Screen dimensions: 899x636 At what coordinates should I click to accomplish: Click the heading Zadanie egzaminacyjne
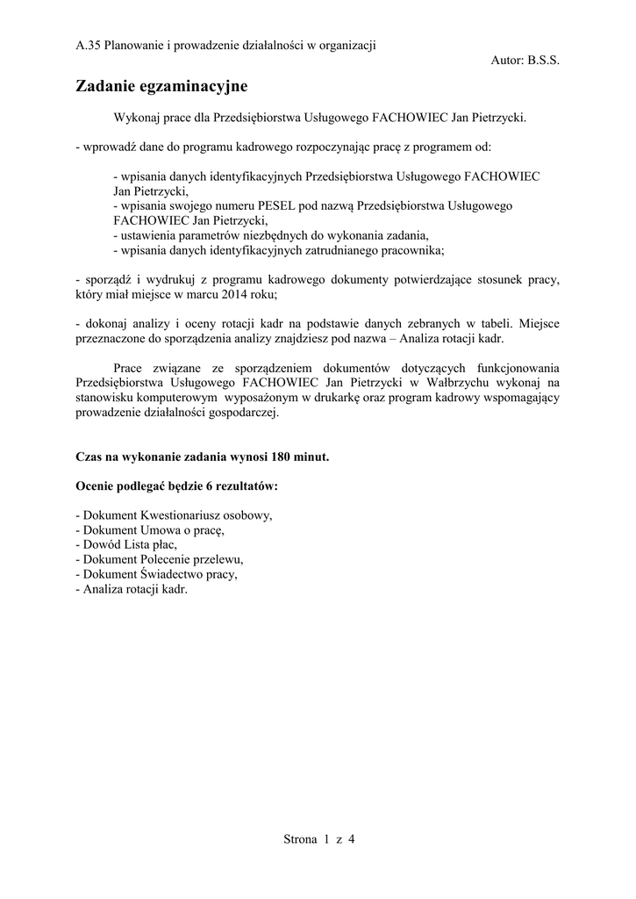coord(162,87)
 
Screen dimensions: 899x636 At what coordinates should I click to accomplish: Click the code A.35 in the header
coord(89,46)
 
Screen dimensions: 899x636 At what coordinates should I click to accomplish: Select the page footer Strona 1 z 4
coord(318,839)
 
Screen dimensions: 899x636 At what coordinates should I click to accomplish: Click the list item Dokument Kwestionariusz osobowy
coord(175,515)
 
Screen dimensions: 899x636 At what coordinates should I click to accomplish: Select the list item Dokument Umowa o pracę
coord(151,530)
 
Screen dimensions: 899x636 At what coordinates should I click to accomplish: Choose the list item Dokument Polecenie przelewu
coord(160,560)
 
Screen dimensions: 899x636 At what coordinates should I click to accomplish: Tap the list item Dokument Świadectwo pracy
coord(157,575)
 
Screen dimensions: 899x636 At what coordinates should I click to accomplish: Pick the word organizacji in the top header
coord(347,46)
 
